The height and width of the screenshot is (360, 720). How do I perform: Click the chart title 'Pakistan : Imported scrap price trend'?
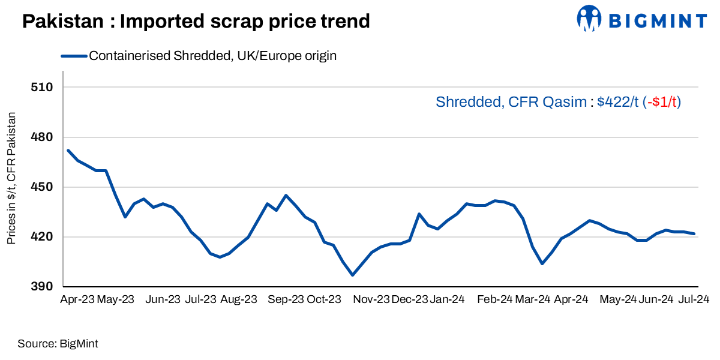(196, 22)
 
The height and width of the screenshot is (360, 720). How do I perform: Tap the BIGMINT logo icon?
(589, 18)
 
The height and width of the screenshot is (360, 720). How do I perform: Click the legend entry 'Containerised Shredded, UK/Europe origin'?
(212, 56)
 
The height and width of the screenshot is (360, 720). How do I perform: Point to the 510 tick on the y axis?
(42, 87)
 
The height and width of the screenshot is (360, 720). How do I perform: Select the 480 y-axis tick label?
(42, 137)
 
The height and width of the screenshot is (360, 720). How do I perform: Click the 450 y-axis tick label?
(42, 187)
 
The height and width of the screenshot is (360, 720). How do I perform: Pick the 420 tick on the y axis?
(42, 237)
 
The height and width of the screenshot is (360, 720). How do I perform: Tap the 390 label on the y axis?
(42, 287)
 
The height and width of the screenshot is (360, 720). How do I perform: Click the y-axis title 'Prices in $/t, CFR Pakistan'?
(11, 178)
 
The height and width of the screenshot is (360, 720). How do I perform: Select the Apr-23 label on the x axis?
(77, 299)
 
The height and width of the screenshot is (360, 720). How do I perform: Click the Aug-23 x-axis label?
(238, 299)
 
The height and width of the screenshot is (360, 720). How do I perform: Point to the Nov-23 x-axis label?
(370, 299)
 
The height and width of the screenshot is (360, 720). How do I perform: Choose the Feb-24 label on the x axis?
(494, 299)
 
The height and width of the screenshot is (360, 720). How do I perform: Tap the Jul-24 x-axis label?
(695, 299)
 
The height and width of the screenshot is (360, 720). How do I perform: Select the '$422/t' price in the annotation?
(618, 103)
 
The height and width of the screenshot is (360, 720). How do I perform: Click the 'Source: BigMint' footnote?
(58, 344)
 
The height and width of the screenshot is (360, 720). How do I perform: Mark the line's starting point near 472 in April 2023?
(68, 151)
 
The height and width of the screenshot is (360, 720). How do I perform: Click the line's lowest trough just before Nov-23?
(352, 275)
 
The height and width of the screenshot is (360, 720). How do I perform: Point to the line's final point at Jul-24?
(694, 234)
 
